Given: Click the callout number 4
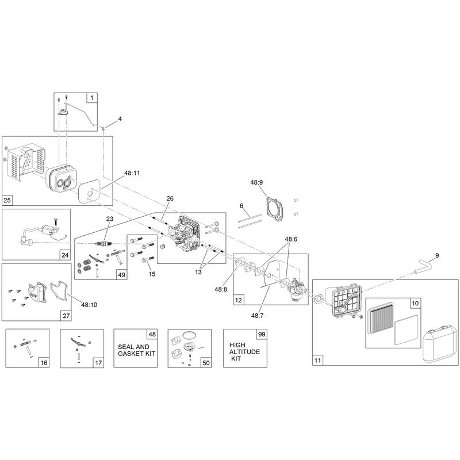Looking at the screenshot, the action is (120, 119).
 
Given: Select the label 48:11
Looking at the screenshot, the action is (132, 173).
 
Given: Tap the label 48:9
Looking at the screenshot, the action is (256, 182).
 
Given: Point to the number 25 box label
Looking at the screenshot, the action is (7, 200).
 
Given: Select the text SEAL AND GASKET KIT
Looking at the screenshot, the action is (136, 350).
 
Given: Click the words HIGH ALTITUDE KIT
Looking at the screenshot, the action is (244, 351).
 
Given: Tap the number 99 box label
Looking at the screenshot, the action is (262, 334).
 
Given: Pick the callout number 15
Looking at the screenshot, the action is (152, 274).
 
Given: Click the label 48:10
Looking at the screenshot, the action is (89, 305).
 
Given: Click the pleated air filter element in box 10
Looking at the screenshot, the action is (381, 317).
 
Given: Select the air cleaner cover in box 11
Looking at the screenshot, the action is (439, 343).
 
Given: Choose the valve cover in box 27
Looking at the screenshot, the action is (37, 292).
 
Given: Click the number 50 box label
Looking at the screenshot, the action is (206, 363).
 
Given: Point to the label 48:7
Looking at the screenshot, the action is (257, 315).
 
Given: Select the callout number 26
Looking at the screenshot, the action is (170, 198).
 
